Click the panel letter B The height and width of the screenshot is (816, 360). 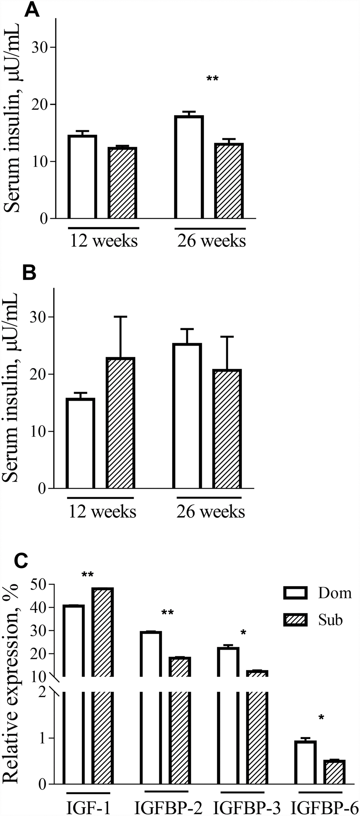click(29, 273)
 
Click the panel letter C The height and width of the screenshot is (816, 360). click(21, 560)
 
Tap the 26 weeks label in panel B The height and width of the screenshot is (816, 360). click(211, 512)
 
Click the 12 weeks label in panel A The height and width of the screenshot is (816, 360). click(104, 241)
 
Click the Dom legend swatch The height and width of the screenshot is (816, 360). click(295, 593)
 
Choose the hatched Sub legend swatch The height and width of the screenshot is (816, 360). click(295, 620)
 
